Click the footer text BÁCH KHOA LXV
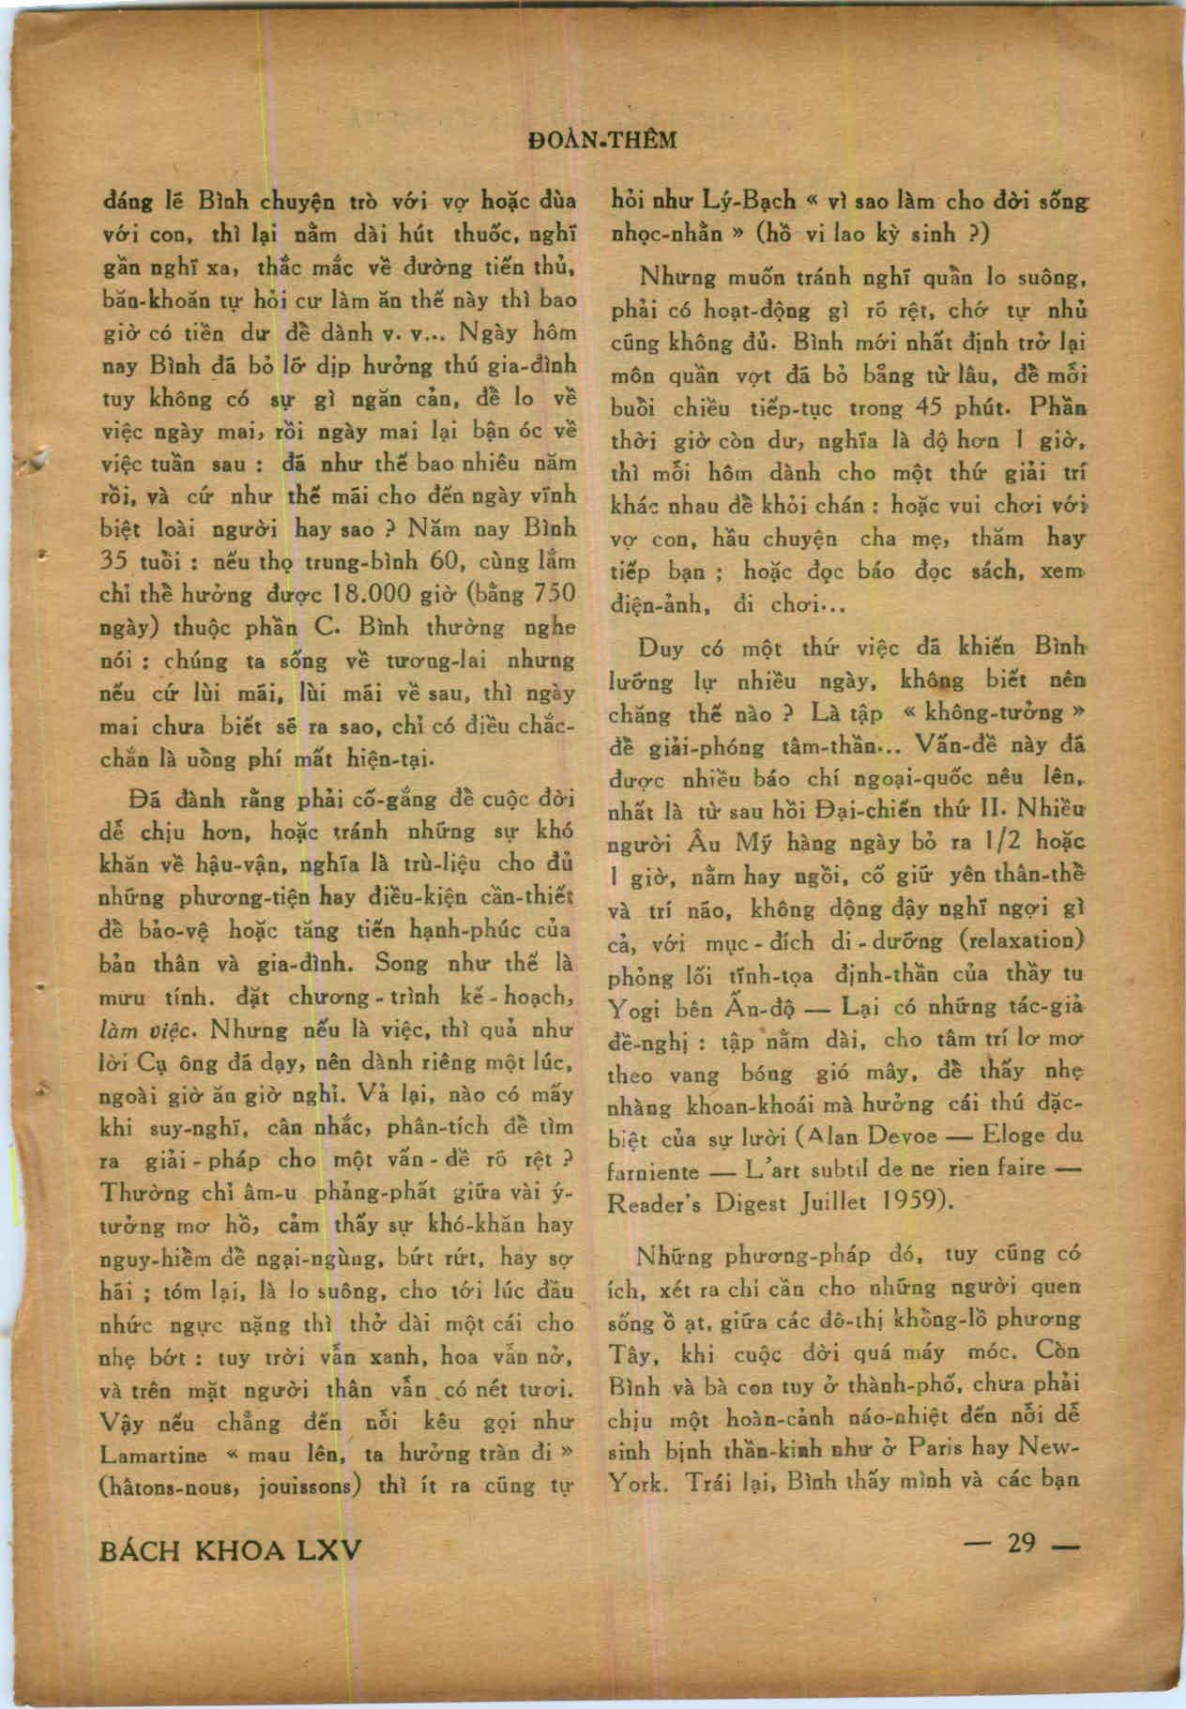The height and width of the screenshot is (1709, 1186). (x=230, y=1549)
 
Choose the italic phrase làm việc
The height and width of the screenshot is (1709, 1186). (x=147, y=1030)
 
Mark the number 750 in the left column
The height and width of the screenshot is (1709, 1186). (x=554, y=593)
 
